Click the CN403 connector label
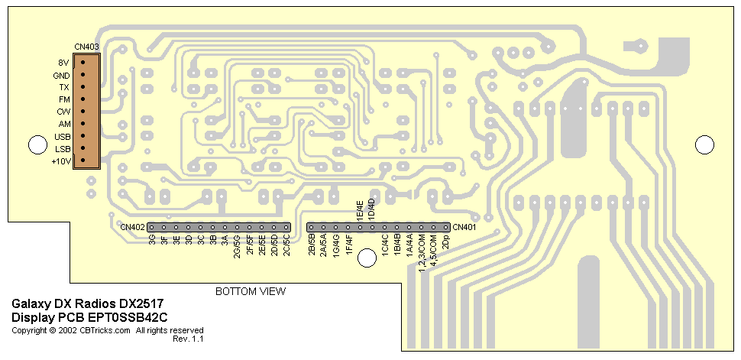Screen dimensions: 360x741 pyautogui.click(x=87, y=47)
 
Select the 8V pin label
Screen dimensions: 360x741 pyautogui.click(x=63, y=62)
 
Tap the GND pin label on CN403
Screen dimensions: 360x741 pyautogui.click(x=61, y=76)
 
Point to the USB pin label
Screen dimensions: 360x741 pyautogui.click(x=62, y=137)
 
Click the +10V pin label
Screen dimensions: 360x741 pyautogui.click(x=60, y=161)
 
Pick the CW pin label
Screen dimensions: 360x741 pyautogui.click(x=63, y=112)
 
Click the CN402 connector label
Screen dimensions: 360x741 pyautogui.click(x=132, y=227)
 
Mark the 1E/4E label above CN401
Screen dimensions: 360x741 pyautogui.click(x=360, y=209)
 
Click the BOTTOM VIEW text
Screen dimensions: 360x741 pyautogui.click(x=250, y=291)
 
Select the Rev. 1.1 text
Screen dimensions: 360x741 pyautogui.click(x=188, y=338)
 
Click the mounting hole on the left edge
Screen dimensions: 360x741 pyautogui.click(x=36, y=144)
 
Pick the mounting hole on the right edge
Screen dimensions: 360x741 pyautogui.click(x=704, y=144)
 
